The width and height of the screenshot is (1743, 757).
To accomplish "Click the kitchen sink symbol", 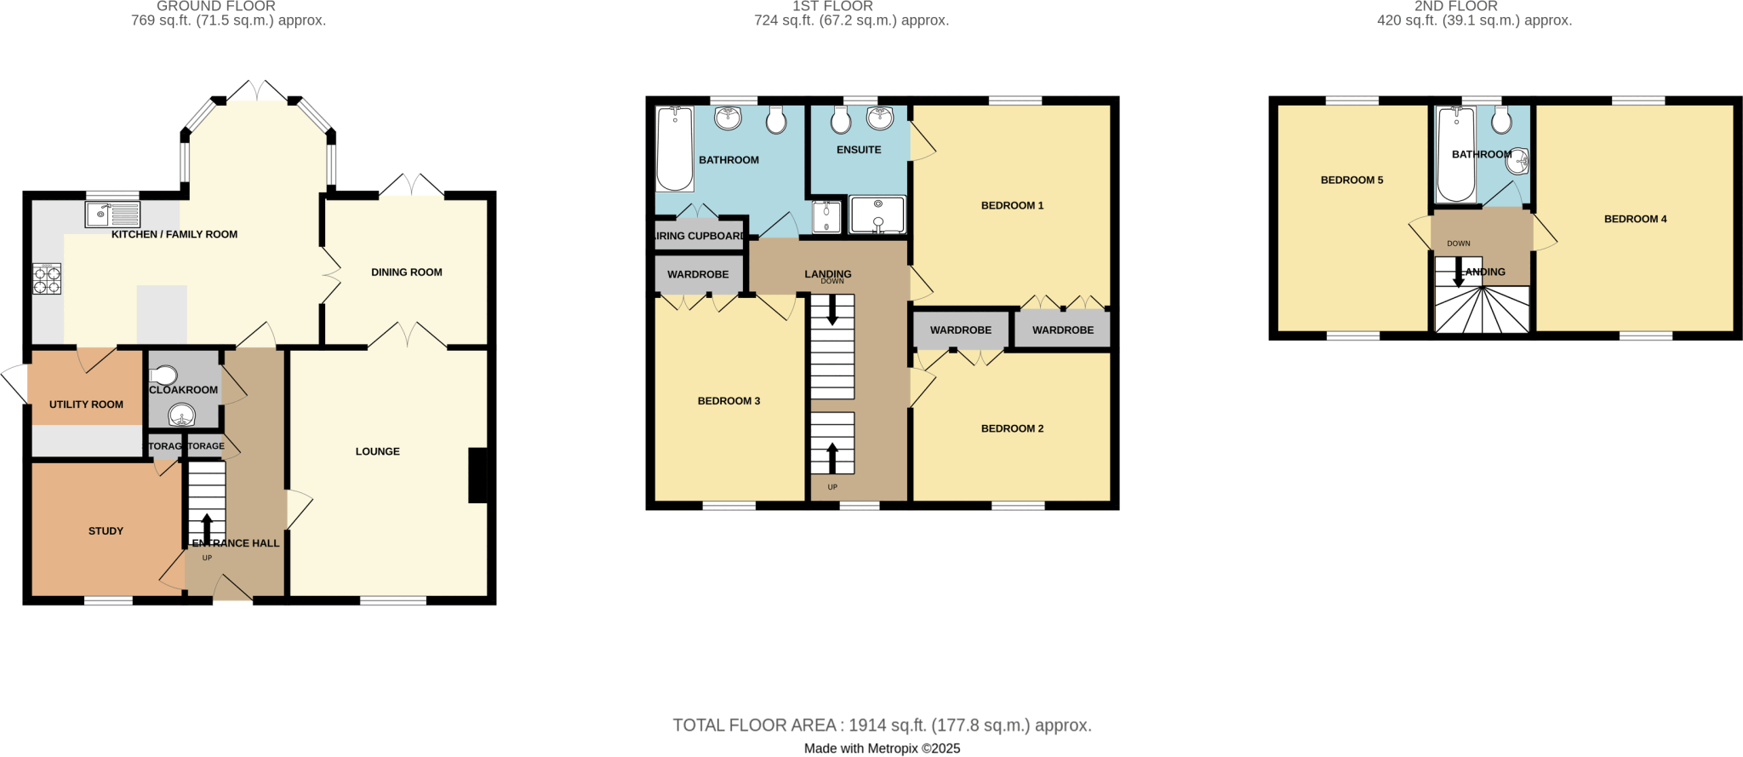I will [x=112, y=214].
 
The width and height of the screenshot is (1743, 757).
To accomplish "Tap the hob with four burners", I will [x=47, y=279].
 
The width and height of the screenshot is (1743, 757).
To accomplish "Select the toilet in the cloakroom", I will [x=163, y=376].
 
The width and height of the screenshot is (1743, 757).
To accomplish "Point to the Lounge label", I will [x=377, y=451].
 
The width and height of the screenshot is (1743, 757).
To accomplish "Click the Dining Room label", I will [x=406, y=272].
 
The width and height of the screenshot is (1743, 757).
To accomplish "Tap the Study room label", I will [x=106, y=530].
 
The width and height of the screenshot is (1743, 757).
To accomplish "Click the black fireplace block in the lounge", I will [x=479, y=475].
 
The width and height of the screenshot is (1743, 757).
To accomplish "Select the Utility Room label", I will [x=86, y=404].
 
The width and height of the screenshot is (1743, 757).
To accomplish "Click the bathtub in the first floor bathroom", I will [x=674, y=148].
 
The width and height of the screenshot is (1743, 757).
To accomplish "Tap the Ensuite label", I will [x=859, y=150].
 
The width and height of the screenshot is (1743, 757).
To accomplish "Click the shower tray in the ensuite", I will [x=877, y=215].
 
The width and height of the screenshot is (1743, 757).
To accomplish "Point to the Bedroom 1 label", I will [x=1012, y=205].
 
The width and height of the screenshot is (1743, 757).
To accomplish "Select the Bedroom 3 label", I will [x=729, y=401].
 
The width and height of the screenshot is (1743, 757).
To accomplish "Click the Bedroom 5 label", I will [x=1352, y=180].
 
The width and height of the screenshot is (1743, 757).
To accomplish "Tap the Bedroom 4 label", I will [x=1635, y=219].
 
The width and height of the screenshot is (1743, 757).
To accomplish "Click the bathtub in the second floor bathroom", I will [x=1455, y=154].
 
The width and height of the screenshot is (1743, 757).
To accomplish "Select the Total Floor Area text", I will [x=882, y=725].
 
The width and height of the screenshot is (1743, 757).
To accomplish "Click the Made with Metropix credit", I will [x=882, y=748].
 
